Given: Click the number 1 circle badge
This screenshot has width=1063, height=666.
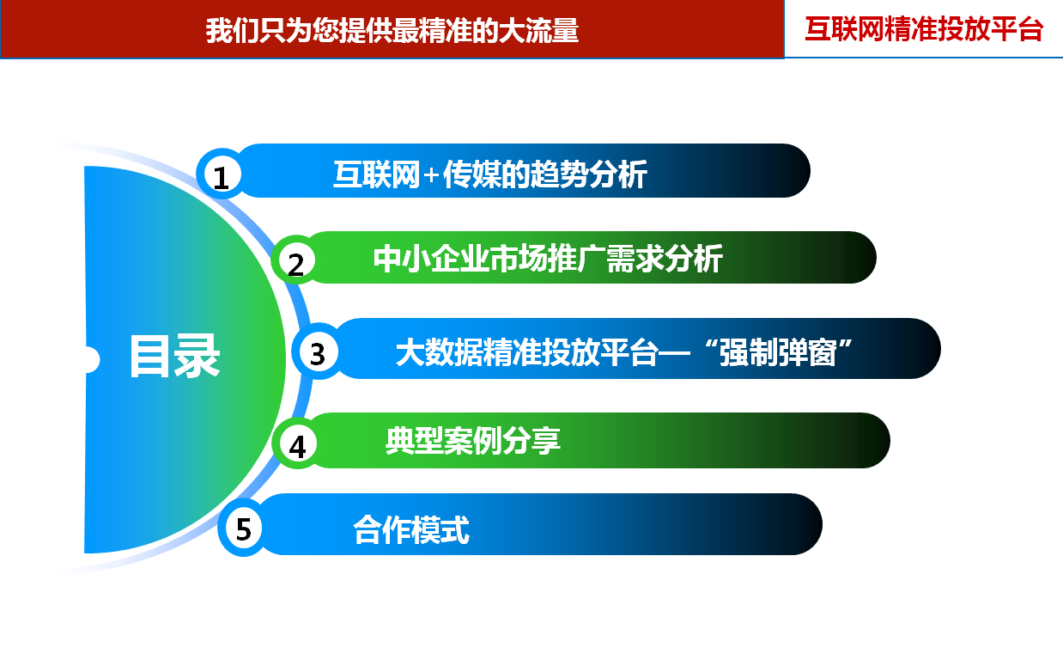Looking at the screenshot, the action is [222, 174].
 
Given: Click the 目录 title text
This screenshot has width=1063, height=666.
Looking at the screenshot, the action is [174, 357].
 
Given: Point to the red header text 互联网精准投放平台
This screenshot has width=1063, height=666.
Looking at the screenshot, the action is [924, 29].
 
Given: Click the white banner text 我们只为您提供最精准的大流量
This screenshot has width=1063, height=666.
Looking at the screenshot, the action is [392, 30].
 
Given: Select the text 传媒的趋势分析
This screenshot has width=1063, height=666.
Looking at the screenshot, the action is [544, 174].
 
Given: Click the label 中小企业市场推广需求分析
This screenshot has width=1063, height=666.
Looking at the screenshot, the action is [548, 259].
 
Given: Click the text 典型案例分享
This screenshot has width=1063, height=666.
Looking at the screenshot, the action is [472, 440].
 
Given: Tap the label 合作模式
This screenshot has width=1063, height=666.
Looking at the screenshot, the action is [411, 529].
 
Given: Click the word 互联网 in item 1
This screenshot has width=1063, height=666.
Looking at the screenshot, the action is [376, 174].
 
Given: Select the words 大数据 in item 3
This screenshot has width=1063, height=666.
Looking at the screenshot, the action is [439, 353].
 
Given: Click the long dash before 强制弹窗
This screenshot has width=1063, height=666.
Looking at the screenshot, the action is [674, 353].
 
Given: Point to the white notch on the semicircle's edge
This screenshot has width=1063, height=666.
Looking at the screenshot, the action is [92, 359].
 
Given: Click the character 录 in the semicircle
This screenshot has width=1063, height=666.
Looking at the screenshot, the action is [197, 357].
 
